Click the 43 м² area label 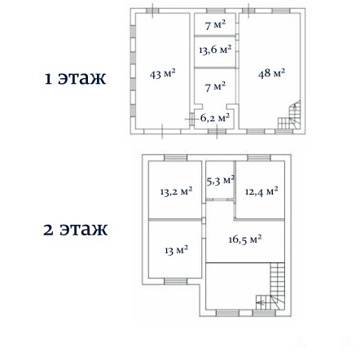pyautogui.click(x=162, y=74)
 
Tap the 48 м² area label pyautogui.click(x=271, y=73)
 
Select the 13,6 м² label pyautogui.click(x=215, y=50)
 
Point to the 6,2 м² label pyautogui.click(x=215, y=118)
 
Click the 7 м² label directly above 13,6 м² pyautogui.click(x=215, y=25)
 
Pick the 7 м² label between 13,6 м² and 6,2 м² pyautogui.click(x=215, y=87)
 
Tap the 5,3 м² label pyautogui.click(x=220, y=181)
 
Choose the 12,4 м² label pyautogui.click(x=261, y=191)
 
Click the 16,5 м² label pyautogui.click(x=245, y=239)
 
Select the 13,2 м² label pyautogui.click(x=176, y=191)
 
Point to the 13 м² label pyautogui.click(x=177, y=250)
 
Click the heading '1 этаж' pyautogui.click(x=75, y=78)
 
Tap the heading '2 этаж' pyautogui.click(x=75, y=230)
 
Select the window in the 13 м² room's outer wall pyautogui.click(x=176, y=281)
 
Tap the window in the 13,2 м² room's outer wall pyautogui.click(x=176, y=158)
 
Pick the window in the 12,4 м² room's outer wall pyautogui.click(x=259, y=158)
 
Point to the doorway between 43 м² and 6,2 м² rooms pyautogui.click(x=192, y=119)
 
